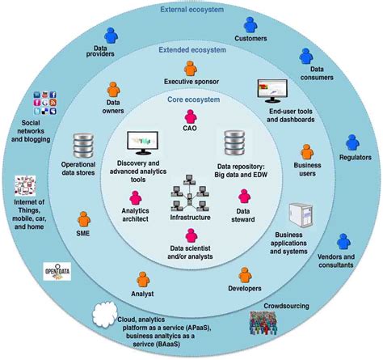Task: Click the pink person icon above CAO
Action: click(191, 116)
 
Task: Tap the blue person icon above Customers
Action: click(250, 25)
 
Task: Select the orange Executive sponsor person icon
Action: click(191, 69)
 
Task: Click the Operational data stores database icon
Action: click(83, 146)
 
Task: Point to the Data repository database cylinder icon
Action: click(234, 143)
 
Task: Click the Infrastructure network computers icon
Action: click(190, 193)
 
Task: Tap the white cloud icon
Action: click(105, 315)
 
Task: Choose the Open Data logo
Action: click(57, 271)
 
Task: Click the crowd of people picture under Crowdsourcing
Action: click(263, 323)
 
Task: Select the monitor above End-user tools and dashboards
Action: click(272, 91)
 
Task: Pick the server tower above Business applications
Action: click(301, 215)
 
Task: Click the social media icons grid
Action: click(45, 103)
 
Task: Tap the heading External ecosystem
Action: click(192, 10)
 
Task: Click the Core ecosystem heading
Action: click(194, 100)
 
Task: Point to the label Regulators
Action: click(356, 157)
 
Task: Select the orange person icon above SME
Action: click(84, 219)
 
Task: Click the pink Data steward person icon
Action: click(244, 197)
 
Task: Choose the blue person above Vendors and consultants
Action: click(343, 241)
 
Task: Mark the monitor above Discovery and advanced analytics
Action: click(143, 143)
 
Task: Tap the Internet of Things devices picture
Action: click(25, 185)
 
